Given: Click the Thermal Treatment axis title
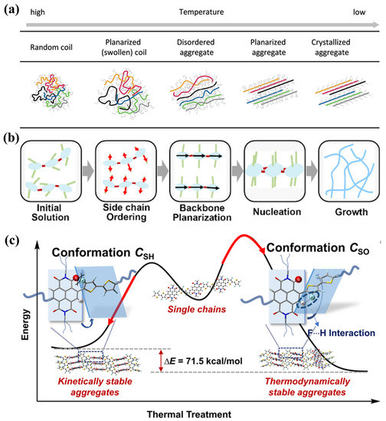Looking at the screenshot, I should pos(199,413).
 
